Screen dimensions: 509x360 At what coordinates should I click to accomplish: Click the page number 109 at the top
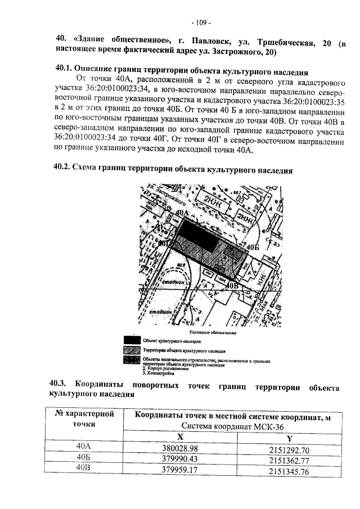200,23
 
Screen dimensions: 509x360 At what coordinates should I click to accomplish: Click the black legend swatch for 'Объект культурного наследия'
132,340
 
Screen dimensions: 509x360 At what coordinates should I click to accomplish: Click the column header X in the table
180,437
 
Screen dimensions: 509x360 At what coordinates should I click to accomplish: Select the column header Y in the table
289,438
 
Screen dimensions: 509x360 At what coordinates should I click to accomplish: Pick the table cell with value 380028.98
180,449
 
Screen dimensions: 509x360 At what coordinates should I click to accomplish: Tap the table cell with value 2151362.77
289,460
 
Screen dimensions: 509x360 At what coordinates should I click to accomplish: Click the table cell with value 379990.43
180,460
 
